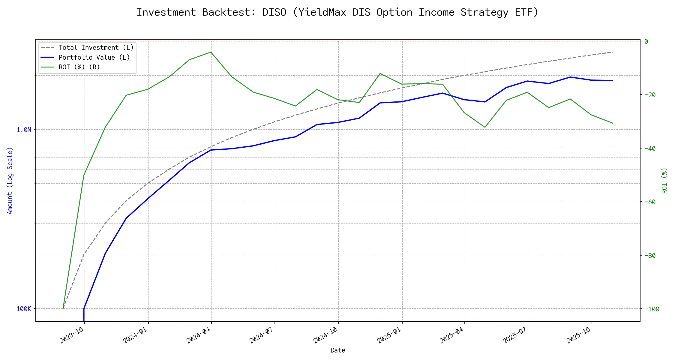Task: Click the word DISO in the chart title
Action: [x=274, y=12]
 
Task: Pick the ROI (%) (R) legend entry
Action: [x=79, y=67]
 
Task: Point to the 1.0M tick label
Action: [x=24, y=130]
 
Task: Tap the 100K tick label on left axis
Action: [x=24, y=309]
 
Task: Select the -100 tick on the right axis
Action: [x=652, y=309]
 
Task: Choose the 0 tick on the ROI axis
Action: [x=646, y=41]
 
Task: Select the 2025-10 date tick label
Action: [x=579, y=335]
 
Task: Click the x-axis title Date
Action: [x=338, y=350]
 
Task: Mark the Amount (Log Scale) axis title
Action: [x=10, y=181]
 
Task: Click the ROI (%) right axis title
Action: [x=664, y=181]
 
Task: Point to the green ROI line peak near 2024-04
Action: [x=211, y=52]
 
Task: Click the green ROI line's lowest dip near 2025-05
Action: [x=485, y=127]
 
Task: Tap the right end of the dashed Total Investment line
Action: [x=612, y=52]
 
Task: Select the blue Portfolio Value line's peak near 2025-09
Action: [x=570, y=77]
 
